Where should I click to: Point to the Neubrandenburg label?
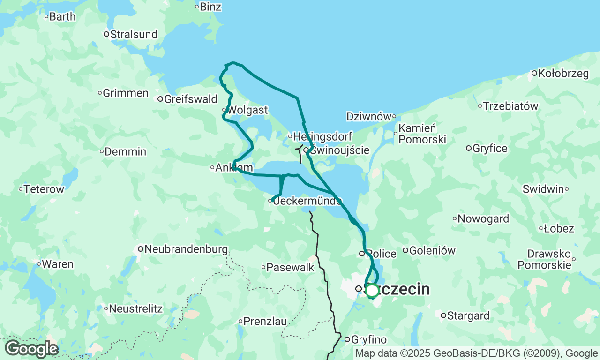point(186,249)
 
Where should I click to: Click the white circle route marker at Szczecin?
point(372,291)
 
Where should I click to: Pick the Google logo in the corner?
point(31,349)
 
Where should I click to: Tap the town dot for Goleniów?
point(405,250)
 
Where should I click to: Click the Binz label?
point(210,7)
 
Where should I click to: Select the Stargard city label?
point(468,315)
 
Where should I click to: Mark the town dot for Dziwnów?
point(394,116)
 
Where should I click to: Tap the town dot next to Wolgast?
point(225,110)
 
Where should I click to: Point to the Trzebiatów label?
point(511,106)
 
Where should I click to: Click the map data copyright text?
point(476,353)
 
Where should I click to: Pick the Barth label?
point(62,16)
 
